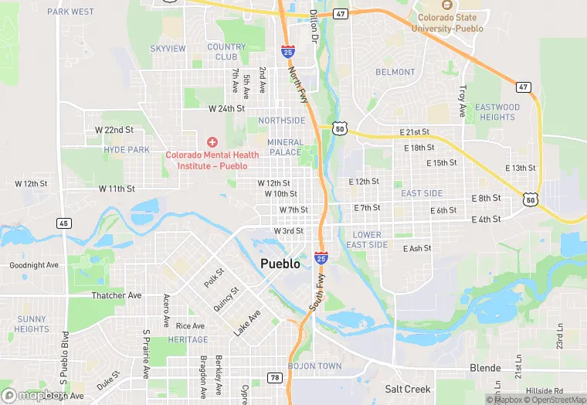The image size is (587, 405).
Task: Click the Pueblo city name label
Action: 280,264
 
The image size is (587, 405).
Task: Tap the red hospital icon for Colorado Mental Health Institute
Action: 212,142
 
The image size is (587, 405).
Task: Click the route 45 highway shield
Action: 63,223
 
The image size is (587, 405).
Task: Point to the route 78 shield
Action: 274,376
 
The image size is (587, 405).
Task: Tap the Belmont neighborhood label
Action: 395,72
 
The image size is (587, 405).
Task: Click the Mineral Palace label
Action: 284,147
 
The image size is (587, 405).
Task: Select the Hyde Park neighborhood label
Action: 127,149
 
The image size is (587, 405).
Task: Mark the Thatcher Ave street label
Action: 117,295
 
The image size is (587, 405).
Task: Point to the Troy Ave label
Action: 463,101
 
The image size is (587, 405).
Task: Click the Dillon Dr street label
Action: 314,26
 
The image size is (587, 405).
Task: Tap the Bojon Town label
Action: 314,366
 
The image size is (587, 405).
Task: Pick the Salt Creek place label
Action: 408,389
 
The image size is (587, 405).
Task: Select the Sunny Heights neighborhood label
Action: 32,324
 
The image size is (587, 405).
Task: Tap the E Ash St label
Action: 417,248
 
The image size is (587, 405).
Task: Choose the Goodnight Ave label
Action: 34,265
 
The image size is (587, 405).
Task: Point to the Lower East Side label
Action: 367,240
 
